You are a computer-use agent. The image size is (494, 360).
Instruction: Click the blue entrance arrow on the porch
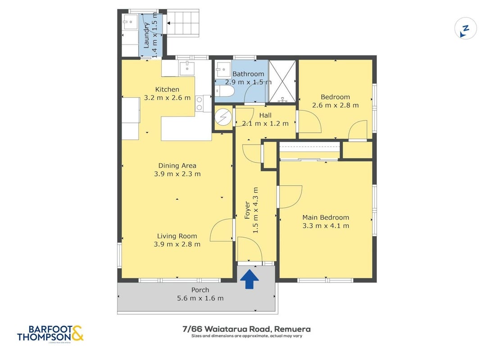pos(249,279)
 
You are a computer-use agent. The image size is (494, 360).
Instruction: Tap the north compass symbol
pos(465,28)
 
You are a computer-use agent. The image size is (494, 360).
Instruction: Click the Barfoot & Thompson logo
pos(50,333)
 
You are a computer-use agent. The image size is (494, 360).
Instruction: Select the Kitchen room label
pos(167,90)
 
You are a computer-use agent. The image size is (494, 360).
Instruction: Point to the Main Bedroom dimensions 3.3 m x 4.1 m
pos(326,225)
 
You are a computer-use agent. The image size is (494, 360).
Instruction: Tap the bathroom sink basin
pos(223,70)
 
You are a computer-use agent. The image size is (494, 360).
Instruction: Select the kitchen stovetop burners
pos(199,104)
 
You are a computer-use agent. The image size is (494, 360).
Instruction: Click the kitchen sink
pos(187,68)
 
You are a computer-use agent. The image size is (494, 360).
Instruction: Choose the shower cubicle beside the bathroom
pos(282,81)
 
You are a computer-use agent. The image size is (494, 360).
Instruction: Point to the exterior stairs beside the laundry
pos(183,23)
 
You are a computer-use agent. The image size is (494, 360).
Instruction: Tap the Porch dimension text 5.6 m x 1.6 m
pos(200,298)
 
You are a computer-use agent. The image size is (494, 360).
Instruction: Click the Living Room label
pos(177,236)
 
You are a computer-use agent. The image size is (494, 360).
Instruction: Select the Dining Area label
pos(177,165)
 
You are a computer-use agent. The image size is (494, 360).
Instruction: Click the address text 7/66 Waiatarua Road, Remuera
pos(247,329)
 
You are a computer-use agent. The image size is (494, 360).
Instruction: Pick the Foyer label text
pos(247,211)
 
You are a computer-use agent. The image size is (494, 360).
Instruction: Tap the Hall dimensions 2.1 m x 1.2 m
pos(265,123)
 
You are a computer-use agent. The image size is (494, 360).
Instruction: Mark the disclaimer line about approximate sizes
pos(247,336)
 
